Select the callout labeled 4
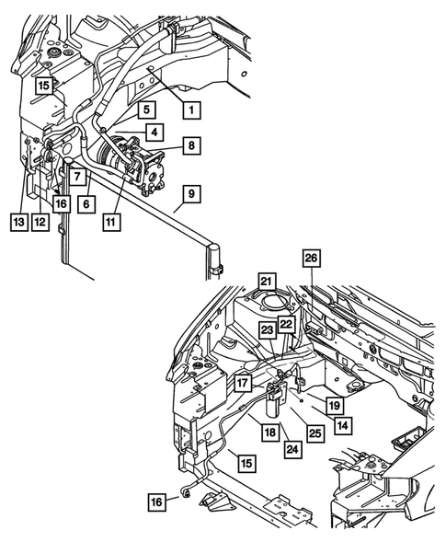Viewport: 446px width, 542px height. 158,133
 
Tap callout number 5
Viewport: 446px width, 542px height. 145,110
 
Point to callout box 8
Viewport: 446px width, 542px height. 190,144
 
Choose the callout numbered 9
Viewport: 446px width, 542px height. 190,194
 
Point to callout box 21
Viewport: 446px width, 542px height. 266,282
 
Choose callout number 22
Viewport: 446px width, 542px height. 287,324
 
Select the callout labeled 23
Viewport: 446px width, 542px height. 268,330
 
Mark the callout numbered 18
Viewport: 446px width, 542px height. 269,432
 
